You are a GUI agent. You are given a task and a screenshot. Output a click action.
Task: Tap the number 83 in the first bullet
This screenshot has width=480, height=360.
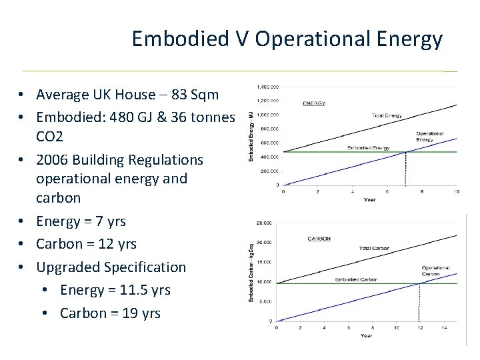pos(165,94)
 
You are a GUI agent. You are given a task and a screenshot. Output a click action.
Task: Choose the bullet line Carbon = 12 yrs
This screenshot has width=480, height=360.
pos(87,243)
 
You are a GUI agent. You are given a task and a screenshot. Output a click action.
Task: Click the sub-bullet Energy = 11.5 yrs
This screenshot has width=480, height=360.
pos(115,289)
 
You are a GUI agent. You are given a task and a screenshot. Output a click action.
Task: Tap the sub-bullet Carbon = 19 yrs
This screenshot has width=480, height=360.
pos(110,313)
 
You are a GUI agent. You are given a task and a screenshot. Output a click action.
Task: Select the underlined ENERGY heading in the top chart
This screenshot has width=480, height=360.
pos(313,103)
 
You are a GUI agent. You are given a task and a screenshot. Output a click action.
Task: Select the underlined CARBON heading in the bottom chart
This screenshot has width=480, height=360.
pos(320,238)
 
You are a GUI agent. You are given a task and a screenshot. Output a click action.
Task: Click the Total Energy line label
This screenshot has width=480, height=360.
pos(387,116)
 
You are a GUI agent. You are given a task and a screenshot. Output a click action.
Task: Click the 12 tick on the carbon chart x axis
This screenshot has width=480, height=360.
pos(420,327)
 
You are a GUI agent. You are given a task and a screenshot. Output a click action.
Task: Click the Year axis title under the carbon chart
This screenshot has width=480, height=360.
pos(367,335)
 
